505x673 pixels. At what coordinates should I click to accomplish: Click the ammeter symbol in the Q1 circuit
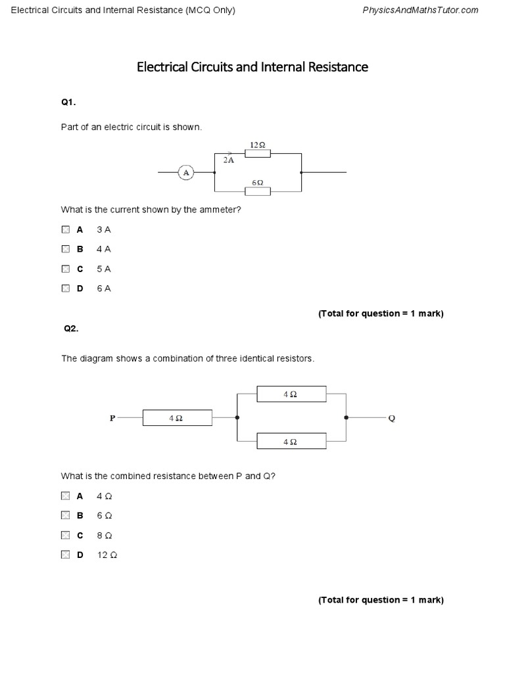185,172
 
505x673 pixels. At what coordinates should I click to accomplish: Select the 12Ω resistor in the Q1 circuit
258,153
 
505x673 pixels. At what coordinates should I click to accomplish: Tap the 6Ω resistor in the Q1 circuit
258,191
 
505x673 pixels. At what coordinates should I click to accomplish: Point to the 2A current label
229,160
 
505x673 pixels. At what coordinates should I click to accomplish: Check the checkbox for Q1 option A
65,230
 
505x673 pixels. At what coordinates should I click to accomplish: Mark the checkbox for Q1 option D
65,288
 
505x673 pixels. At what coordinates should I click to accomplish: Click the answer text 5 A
104,269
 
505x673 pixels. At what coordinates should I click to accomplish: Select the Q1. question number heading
69,102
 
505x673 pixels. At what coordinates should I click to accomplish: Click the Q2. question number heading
71,329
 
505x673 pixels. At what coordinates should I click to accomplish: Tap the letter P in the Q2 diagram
112,418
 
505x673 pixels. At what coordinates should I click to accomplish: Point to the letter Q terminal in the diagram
392,418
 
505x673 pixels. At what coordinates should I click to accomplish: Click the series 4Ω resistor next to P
177,418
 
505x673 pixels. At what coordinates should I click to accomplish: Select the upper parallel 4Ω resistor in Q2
291,394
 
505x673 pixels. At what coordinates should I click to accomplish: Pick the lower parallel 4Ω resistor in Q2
291,441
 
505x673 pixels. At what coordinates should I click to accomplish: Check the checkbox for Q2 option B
65,515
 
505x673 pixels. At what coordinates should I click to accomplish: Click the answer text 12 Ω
107,555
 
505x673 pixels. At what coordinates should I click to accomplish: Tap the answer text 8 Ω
105,535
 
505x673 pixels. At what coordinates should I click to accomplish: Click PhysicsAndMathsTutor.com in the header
421,10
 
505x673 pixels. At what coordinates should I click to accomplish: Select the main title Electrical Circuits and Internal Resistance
252,67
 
